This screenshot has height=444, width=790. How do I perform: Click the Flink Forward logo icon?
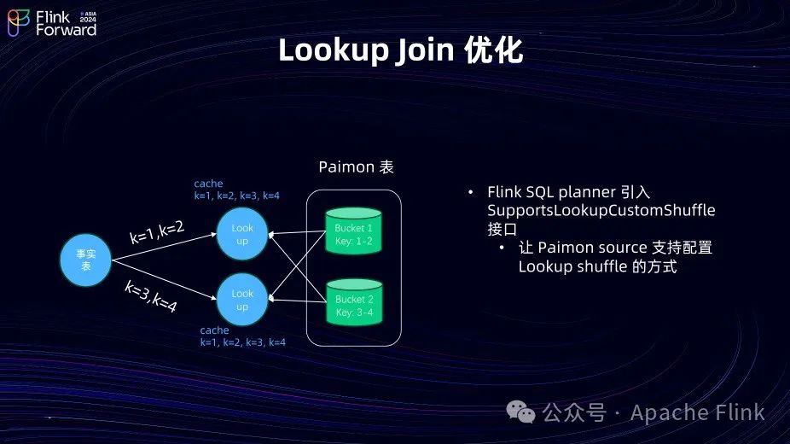coord(18,22)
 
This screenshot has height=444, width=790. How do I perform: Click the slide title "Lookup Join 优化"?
coord(400,51)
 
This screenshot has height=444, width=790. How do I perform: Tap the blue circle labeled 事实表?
coord(85,260)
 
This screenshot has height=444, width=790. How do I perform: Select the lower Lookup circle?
coord(242,300)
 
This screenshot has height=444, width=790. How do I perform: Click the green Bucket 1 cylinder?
coord(353,233)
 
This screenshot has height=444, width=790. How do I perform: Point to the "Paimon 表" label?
coord(356,167)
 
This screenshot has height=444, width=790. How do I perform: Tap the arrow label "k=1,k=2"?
coord(157,231)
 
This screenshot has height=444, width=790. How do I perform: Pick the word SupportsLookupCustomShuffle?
coord(601,210)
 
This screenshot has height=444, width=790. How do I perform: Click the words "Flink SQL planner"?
coord(546,191)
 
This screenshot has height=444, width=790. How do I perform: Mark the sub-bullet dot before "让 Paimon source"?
coord(503,248)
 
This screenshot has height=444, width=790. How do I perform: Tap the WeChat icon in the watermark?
coord(522,413)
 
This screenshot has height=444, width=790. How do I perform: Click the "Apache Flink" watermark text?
coord(697,413)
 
